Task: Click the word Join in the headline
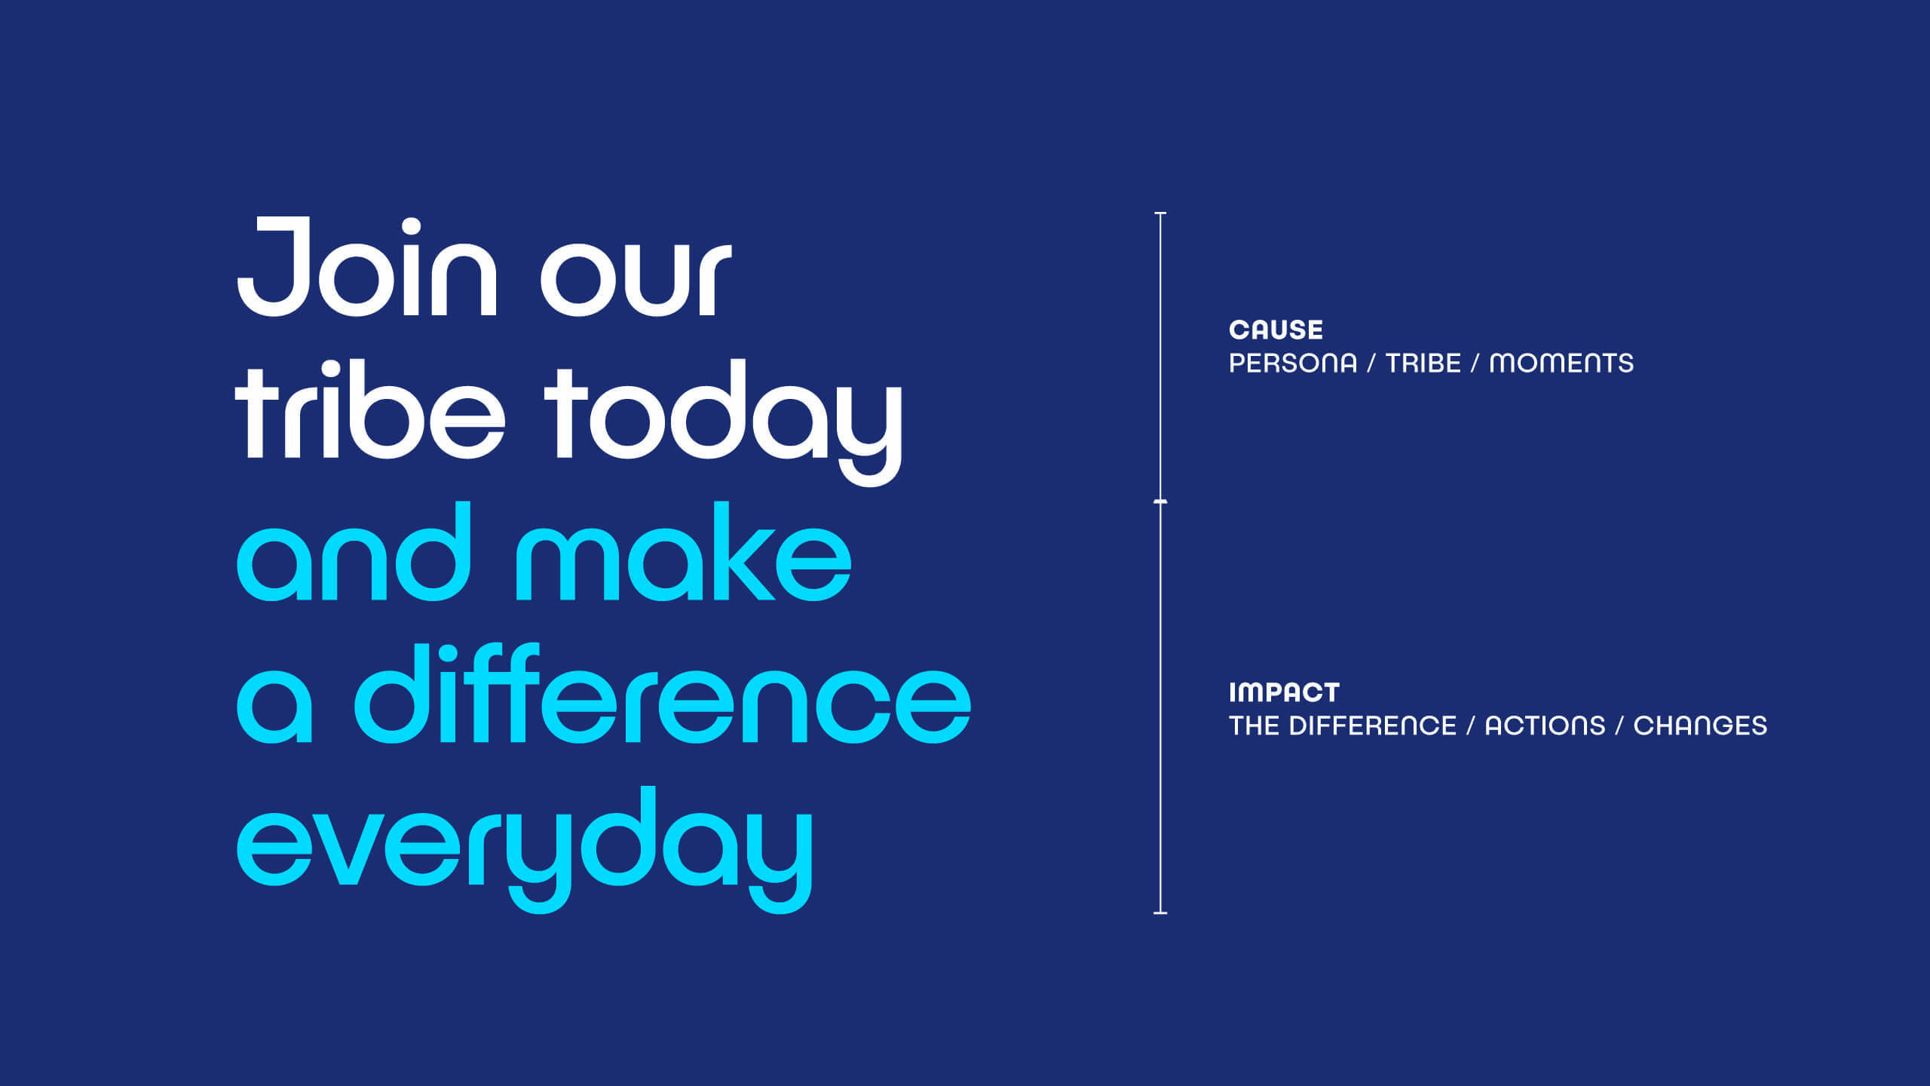[367, 267]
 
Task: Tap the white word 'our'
[636, 279]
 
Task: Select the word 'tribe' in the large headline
[369, 410]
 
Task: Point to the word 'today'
[723, 423]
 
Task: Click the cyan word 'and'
[354, 551]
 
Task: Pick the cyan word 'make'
[684, 551]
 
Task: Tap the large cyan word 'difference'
[663, 694]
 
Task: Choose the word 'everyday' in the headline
[525, 850]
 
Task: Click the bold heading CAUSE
[1276, 330]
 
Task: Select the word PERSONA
[1293, 364]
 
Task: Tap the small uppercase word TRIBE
[1423, 364]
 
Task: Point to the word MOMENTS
[1561, 364]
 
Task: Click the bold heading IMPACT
[1284, 692]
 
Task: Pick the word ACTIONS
[1545, 726]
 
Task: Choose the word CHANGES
[1700, 726]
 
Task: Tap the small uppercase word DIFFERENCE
[1372, 726]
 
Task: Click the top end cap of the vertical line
[1160, 214]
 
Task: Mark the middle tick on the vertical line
[1160, 502]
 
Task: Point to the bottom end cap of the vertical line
[1160, 913]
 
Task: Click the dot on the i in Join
[411, 227]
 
